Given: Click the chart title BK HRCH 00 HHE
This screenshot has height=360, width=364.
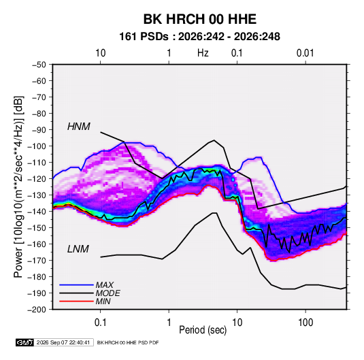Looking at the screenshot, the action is [x=199, y=19].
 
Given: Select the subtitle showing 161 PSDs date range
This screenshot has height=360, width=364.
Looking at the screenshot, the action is [x=199, y=37].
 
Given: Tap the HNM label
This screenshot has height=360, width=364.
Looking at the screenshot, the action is [x=79, y=127].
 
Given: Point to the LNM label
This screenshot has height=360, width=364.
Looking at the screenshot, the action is [x=78, y=249].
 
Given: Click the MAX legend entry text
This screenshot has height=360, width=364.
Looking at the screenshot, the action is [x=105, y=284].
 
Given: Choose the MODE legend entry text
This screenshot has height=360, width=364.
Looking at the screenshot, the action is [x=107, y=293].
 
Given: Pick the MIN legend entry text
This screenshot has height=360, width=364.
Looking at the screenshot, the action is [x=103, y=301].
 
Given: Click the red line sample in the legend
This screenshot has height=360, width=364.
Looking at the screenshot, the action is [x=76, y=301].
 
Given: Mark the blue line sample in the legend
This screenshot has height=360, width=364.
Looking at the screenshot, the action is [x=76, y=284].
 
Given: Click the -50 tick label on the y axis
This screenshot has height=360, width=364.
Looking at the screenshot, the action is [x=39, y=65].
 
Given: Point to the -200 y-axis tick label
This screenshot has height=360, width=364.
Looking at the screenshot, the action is [x=37, y=310].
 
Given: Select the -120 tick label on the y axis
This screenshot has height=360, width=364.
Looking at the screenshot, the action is [x=37, y=179].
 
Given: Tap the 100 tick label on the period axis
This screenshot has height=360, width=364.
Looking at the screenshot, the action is [x=305, y=323].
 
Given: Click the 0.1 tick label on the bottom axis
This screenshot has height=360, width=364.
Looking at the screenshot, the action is [x=100, y=323].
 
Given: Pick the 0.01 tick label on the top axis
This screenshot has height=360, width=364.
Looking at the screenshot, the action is [x=305, y=53].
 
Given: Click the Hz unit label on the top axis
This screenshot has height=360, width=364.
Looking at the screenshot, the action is [x=203, y=53].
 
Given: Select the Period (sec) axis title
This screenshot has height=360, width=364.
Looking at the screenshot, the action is [x=203, y=330].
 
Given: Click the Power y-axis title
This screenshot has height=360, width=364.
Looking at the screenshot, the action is [x=18, y=187].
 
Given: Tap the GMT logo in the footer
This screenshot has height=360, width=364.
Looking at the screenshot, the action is [x=24, y=342].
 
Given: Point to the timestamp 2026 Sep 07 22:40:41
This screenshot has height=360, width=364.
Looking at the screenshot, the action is [x=63, y=342].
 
